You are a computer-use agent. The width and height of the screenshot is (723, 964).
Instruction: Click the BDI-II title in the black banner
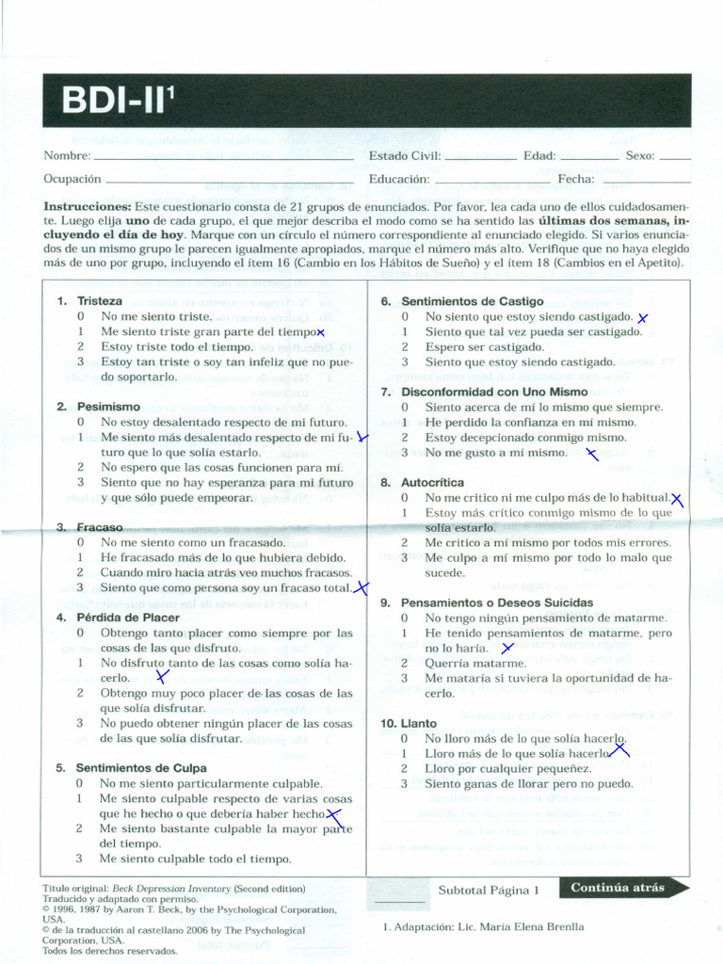click(119, 100)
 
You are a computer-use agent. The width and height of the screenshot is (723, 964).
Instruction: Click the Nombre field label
click(67, 155)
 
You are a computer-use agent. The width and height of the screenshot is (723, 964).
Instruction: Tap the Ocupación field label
click(72, 179)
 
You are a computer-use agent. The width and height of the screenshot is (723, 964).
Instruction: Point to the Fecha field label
click(575, 179)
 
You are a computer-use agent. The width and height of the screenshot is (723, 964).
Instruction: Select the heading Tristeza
click(100, 301)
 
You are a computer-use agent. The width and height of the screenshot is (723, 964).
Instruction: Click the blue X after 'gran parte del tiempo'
click(321, 332)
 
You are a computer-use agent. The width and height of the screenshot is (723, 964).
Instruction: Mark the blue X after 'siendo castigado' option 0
click(643, 319)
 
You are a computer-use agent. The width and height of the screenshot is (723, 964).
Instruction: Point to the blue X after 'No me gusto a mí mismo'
click(592, 455)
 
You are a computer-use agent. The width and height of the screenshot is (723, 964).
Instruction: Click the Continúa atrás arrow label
click(618, 887)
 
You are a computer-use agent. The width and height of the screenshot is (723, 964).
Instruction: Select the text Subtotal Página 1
click(489, 889)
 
